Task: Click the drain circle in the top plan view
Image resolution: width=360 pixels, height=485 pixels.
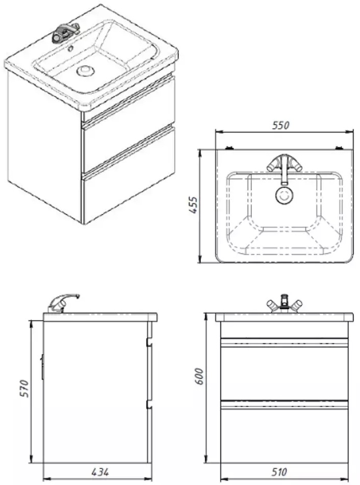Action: tap(284, 194)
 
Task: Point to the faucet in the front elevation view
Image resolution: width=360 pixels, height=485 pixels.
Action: tap(284, 305)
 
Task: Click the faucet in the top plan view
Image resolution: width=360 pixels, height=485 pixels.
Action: tap(284, 164)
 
